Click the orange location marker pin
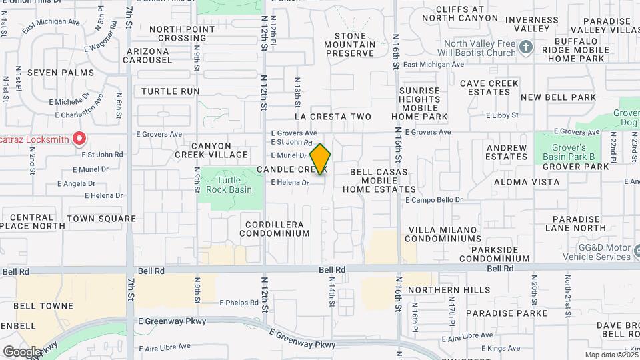321,159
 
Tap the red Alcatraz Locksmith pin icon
79,138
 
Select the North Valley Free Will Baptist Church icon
526,47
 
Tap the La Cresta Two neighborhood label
333,117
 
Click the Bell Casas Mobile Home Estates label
379,181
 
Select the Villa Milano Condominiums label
444,234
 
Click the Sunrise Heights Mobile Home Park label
419,103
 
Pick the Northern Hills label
440,290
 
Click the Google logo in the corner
22,351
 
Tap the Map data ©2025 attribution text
610,355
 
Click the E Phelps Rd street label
239,303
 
